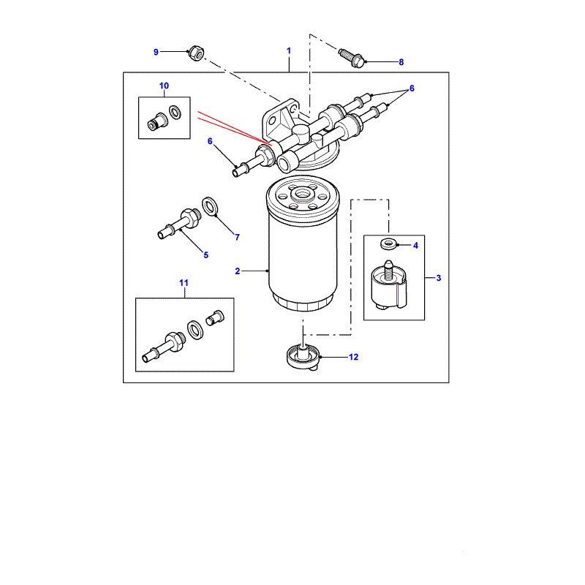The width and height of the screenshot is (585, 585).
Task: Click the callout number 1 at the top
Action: (288, 50)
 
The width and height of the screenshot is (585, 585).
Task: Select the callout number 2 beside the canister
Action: (237, 271)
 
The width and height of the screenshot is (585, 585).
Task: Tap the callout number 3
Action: (438, 278)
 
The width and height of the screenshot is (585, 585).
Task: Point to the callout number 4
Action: (415, 246)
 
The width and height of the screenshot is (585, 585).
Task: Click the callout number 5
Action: (206, 255)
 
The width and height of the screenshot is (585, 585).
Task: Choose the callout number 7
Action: (237, 237)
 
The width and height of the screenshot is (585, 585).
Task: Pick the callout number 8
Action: (401, 62)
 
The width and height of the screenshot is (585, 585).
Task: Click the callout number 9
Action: (156, 52)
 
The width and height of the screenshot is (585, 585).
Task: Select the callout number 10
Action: (164, 86)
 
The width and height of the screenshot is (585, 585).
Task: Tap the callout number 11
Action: (184, 283)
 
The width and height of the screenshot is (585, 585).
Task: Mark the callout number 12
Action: (353, 357)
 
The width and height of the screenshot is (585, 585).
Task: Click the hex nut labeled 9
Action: (196, 53)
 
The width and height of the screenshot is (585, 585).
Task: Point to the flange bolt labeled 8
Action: (352, 58)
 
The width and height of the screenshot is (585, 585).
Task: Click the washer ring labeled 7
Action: (211, 207)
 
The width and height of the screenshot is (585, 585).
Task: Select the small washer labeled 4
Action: (388, 244)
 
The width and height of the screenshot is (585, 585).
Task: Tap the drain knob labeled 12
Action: (303, 357)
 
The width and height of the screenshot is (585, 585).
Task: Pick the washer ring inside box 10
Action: (175, 113)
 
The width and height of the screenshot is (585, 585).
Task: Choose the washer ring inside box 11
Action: (195, 330)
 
